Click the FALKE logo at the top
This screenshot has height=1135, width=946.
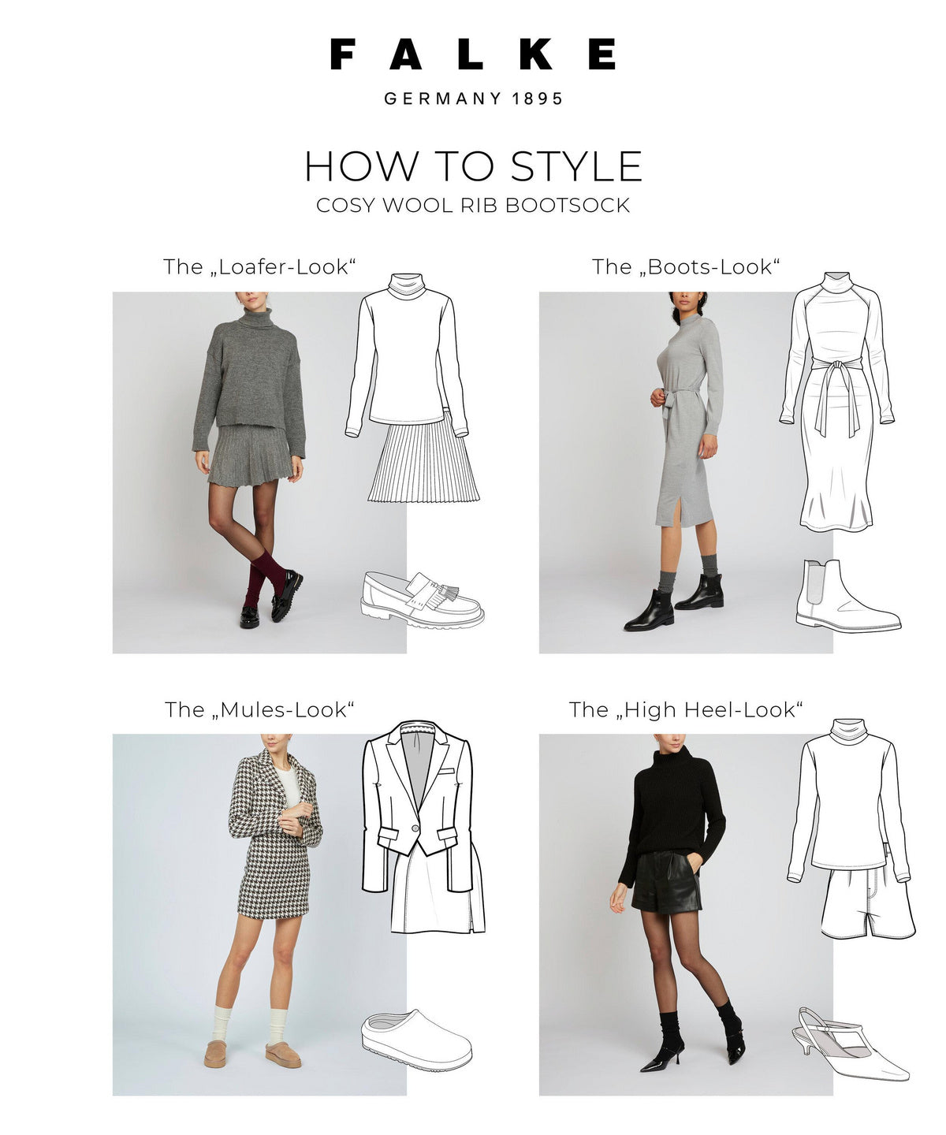pos(473,54)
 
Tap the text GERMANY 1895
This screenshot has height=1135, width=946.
pos(473,99)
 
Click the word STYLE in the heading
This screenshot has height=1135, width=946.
pos(576,166)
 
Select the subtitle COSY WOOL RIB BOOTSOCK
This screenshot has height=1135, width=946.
pos(473,206)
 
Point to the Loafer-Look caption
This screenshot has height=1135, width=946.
pos(259,267)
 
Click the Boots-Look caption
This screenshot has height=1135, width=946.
pos(686,267)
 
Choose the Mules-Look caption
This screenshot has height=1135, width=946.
pos(259,710)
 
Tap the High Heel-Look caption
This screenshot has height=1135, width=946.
pos(686,710)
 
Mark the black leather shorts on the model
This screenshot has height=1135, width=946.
pos(666,883)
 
